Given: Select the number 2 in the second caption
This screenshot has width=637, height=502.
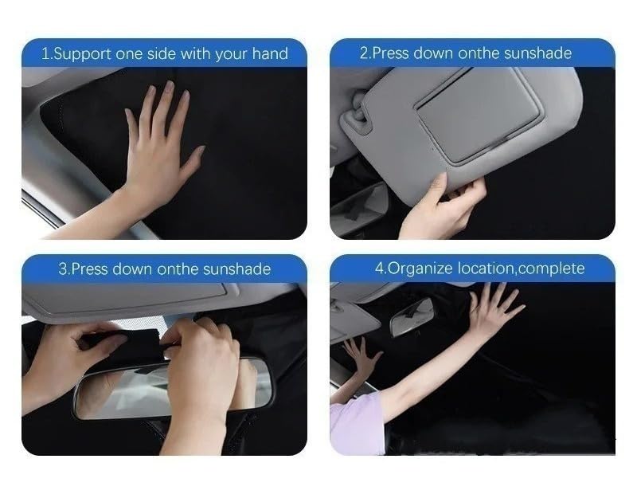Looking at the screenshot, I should (364, 53).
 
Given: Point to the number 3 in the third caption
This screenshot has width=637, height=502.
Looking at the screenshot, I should (62, 269).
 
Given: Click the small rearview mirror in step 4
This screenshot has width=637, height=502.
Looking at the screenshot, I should (412, 316).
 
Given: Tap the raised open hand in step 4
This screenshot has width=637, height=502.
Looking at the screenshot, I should (494, 307).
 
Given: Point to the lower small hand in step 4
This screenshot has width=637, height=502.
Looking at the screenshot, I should (362, 355).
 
